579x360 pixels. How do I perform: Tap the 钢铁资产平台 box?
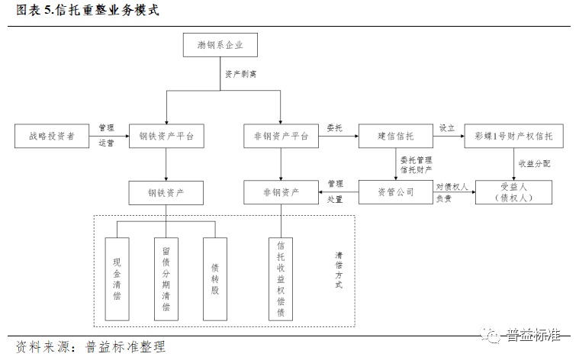(166, 137)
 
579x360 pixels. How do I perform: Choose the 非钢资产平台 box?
(281, 137)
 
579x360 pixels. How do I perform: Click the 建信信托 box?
(395, 137)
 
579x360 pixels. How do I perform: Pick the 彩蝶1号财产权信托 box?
(514, 137)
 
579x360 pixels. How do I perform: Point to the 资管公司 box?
(395, 191)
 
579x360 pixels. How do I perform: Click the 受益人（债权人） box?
(513, 192)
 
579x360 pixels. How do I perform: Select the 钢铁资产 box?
(166, 192)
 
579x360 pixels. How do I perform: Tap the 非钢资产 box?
(281, 192)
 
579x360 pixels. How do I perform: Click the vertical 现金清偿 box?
(117, 278)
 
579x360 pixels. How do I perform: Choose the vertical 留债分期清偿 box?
(166, 278)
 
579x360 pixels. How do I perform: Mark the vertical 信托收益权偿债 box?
(281, 278)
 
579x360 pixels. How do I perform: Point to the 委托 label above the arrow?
(334, 127)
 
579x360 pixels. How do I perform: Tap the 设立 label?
(447, 127)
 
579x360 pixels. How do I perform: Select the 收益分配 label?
(534, 163)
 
